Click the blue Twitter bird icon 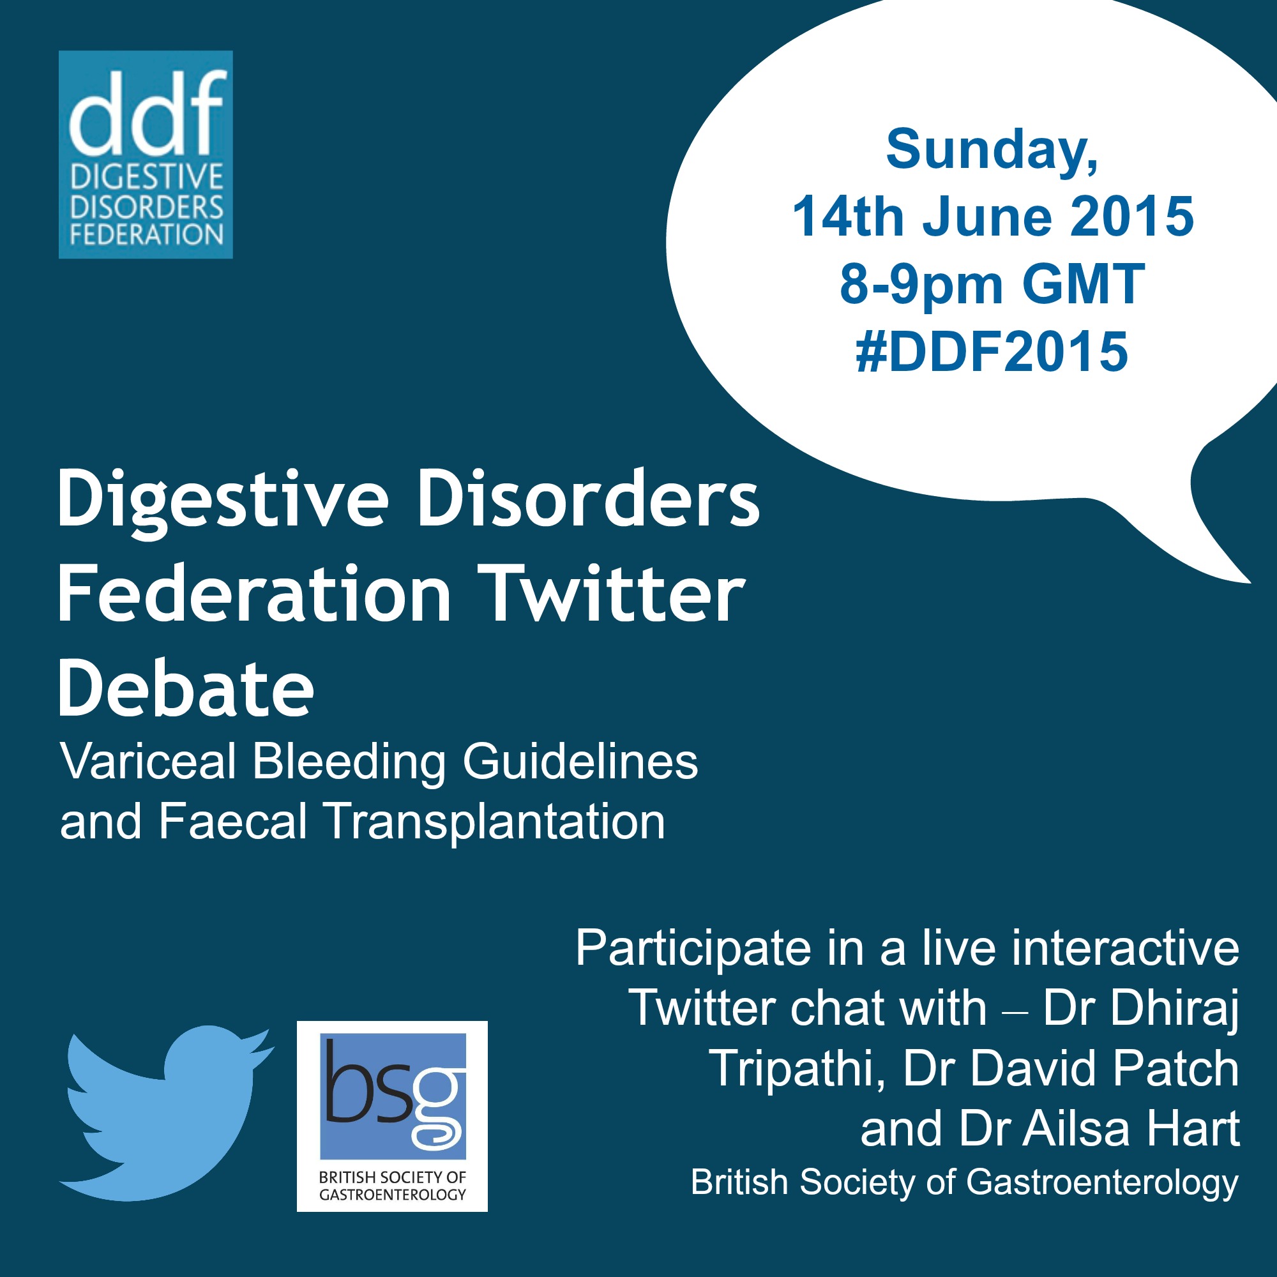(165, 1114)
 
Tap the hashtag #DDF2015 (992, 352)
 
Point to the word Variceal (149, 762)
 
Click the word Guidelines (580, 762)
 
